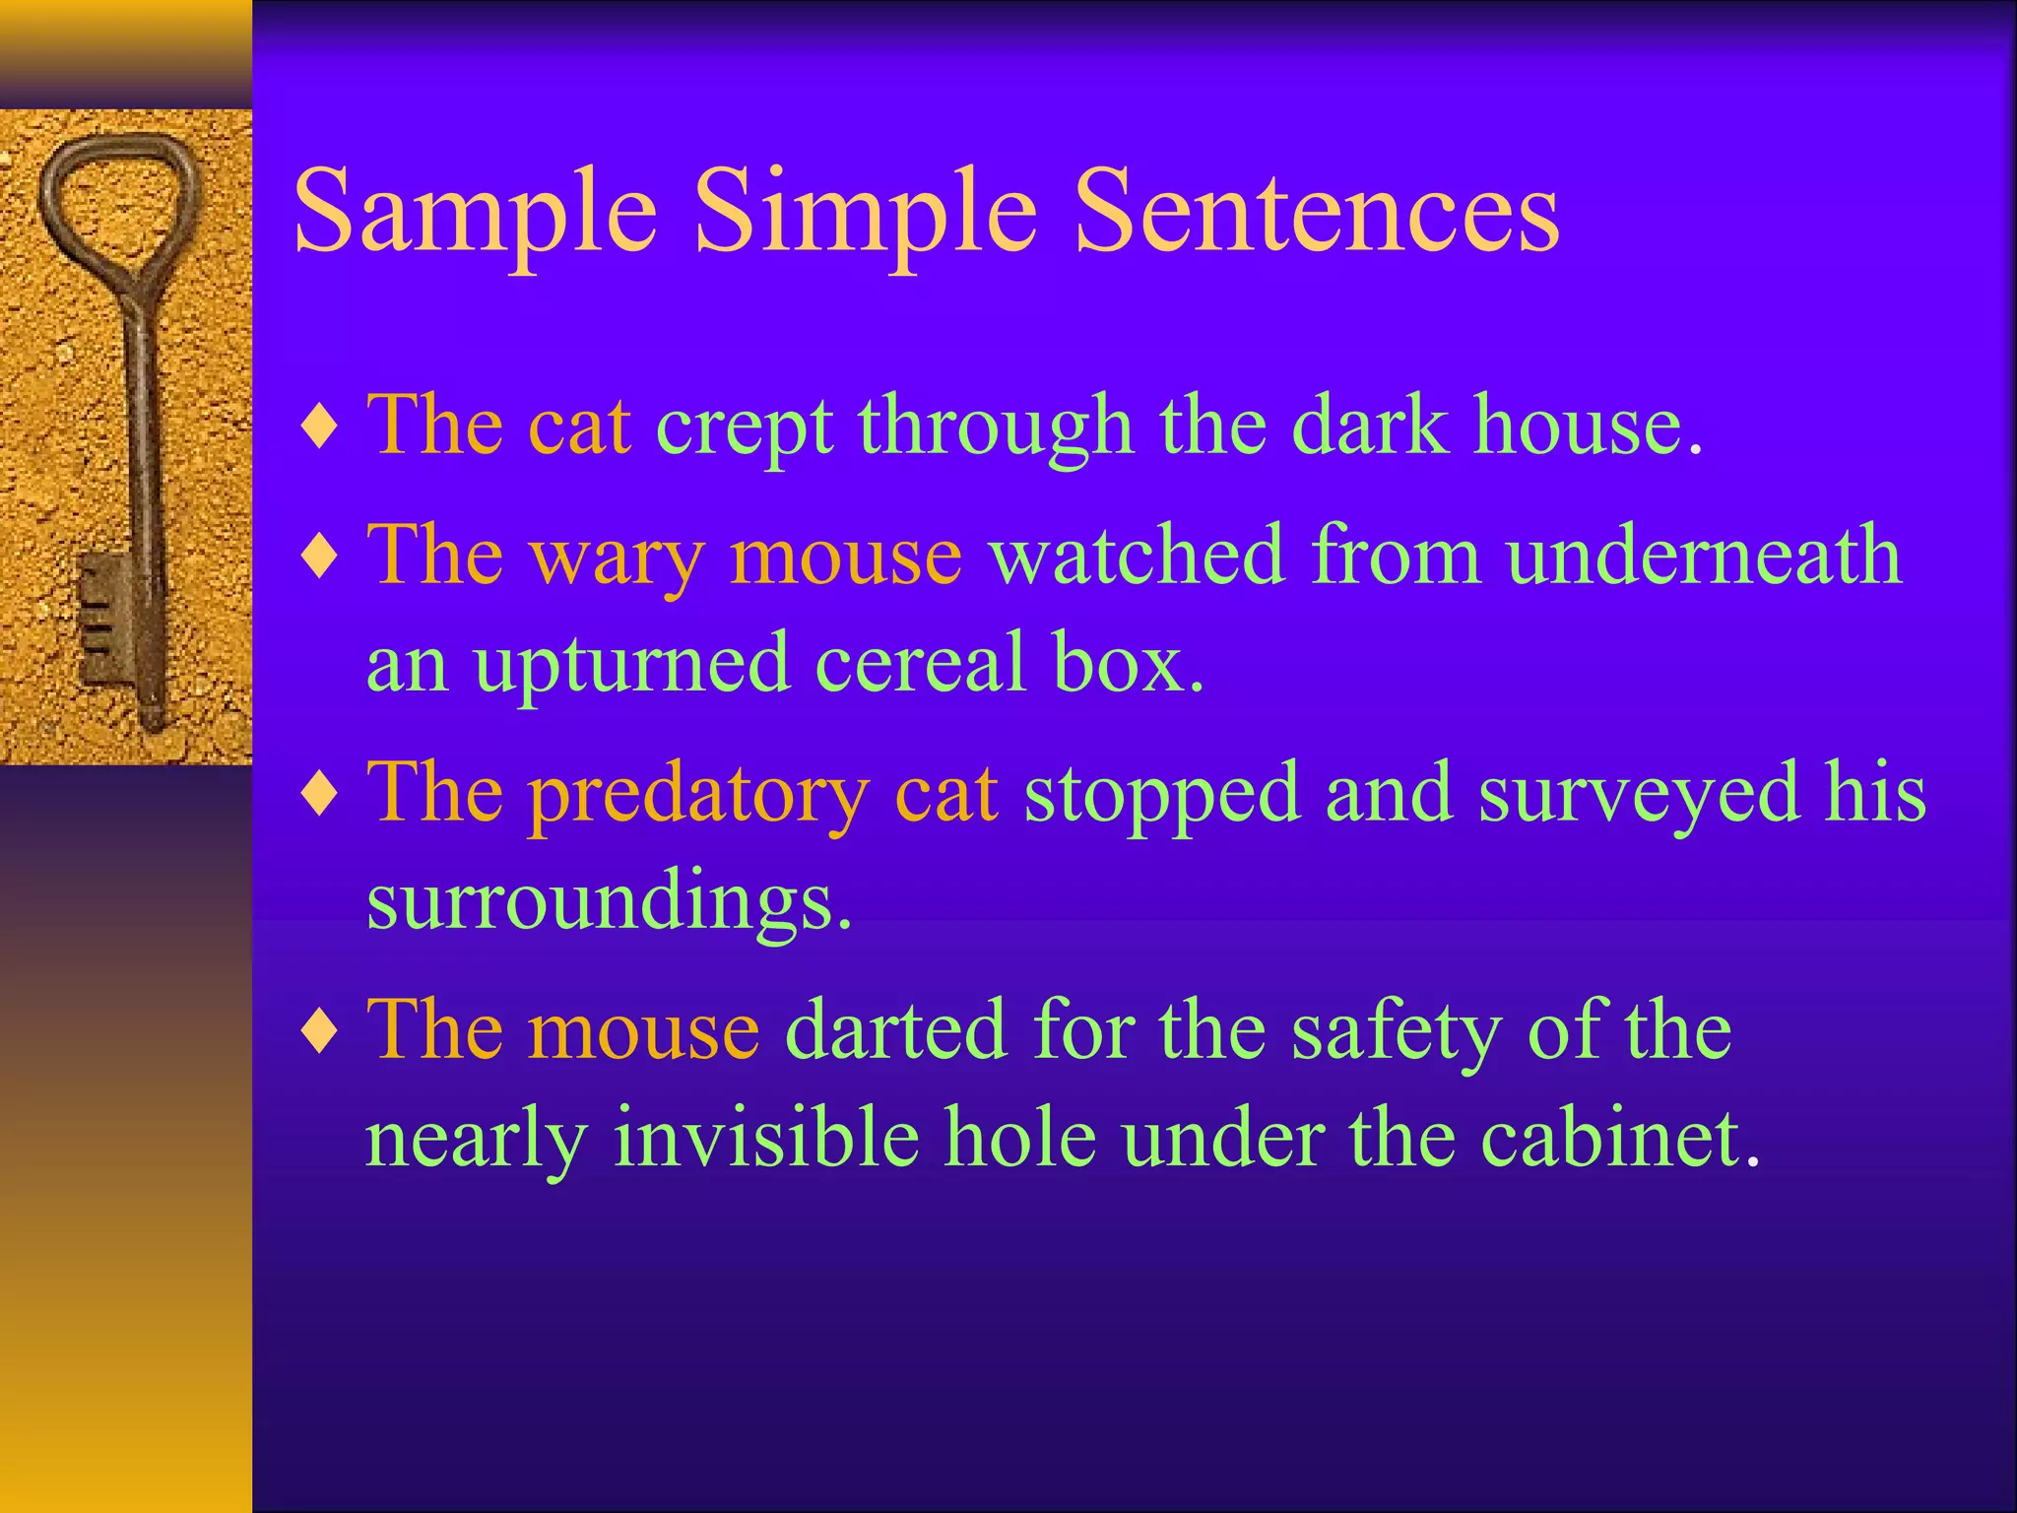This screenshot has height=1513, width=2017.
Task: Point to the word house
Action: [x=1576, y=427]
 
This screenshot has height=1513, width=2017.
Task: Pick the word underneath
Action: [x=1703, y=557]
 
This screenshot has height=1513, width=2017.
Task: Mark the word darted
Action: [x=895, y=1030]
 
